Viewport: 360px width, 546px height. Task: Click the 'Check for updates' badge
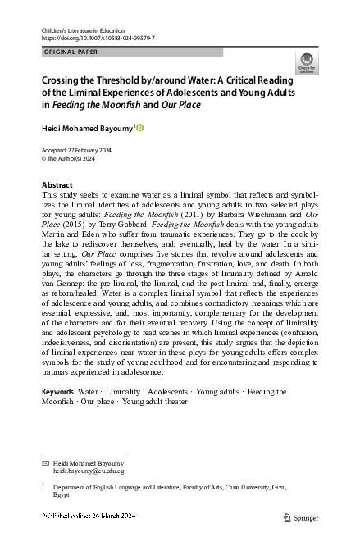coord(307,62)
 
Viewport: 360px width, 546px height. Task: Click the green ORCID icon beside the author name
coord(139,128)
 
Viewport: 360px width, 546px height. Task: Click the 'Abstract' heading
coord(57,185)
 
